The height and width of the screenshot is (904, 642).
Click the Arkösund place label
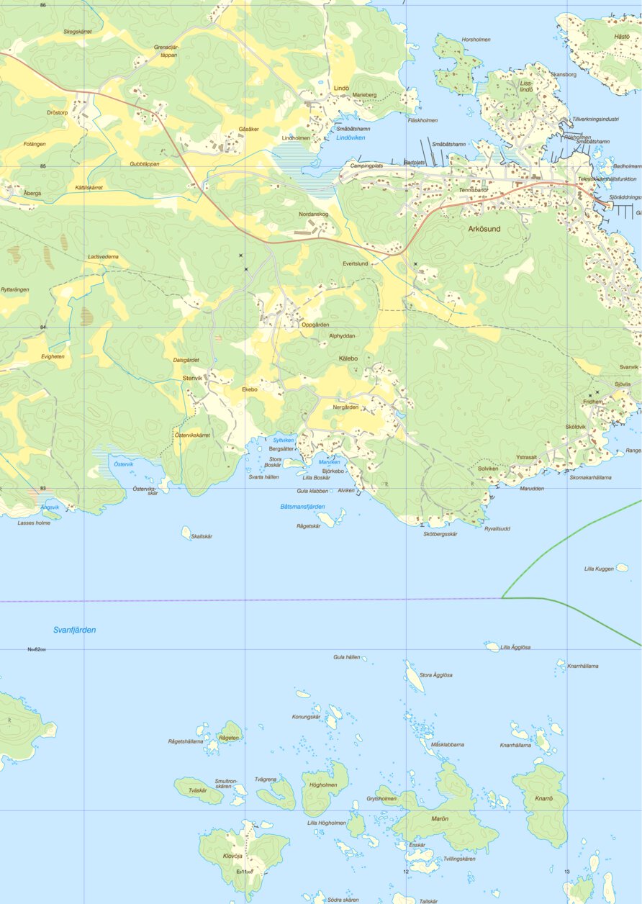(484, 229)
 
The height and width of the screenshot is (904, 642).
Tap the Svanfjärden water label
(74, 630)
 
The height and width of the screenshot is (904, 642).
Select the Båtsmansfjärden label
(302, 507)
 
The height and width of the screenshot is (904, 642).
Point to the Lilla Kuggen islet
(622, 567)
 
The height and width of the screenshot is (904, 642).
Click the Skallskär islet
(186, 532)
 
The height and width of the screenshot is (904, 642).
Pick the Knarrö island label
(543, 799)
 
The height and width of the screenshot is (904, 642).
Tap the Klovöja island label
(232, 856)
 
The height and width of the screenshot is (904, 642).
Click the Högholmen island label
(323, 785)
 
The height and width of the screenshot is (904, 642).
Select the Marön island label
(440, 819)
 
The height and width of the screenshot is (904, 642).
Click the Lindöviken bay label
(351, 137)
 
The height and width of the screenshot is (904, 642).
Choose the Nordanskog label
(314, 214)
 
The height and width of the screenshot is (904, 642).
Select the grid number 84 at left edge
(43, 327)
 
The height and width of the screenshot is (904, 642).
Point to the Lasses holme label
(34, 523)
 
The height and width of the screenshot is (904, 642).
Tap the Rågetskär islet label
(308, 526)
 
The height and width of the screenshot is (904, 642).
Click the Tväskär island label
(197, 790)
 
